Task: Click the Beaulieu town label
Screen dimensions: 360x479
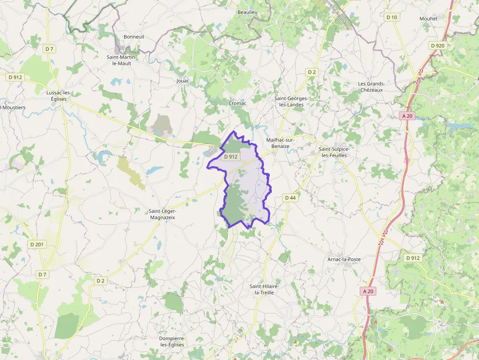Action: [x=247, y=12]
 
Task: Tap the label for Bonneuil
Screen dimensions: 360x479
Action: [x=133, y=37]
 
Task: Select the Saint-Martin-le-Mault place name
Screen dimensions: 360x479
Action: [x=122, y=60]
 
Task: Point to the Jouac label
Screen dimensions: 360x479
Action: [x=182, y=81]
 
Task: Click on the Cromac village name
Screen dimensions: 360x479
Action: [x=238, y=103]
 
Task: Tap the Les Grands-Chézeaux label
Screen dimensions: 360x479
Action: [x=371, y=86]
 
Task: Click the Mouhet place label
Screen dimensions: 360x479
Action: [x=429, y=19]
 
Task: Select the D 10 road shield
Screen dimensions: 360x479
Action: [x=392, y=17]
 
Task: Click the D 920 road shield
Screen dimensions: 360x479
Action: [x=437, y=45]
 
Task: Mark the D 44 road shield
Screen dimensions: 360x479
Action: [x=290, y=198]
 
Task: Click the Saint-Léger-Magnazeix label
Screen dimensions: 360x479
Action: [x=162, y=214]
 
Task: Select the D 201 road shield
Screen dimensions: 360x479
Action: [x=37, y=244]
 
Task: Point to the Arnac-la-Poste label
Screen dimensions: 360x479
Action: [x=344, y=259]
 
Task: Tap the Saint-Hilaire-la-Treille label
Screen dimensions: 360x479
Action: [x=264, y=289]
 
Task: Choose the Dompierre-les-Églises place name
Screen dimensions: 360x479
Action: [x=172, y=341]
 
